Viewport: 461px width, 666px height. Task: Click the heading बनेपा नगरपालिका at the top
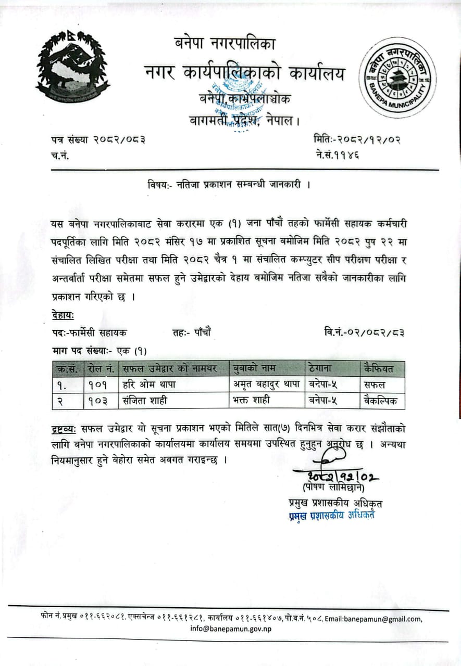224,45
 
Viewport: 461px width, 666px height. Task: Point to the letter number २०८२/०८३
119,139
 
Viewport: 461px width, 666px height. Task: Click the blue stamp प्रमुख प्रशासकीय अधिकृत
332,516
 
